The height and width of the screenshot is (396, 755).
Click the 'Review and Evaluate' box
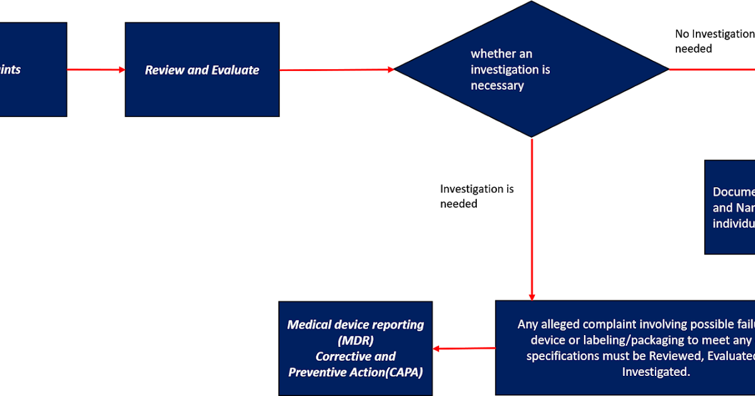(202, 70)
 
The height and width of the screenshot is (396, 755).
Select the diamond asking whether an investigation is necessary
(531, 69)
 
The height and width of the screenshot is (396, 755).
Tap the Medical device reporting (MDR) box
(355, 348)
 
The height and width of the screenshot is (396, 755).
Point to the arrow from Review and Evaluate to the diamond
(337, 70)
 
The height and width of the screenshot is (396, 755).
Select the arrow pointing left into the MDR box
(464, 348)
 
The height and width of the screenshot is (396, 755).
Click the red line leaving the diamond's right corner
(711, 69)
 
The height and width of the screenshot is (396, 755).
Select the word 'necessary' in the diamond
(497, 85)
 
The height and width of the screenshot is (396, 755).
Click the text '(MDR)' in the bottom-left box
(355, 341)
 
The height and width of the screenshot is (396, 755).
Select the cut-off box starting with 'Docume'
(730, 207)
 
